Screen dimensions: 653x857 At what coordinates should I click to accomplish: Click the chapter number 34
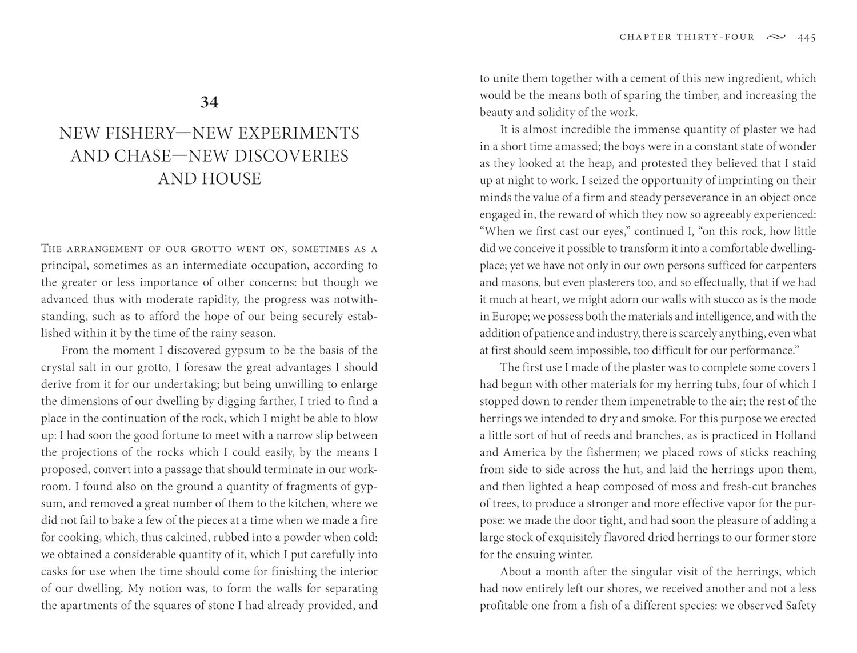(209, 102)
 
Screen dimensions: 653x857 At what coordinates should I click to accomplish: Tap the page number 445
(807, 38)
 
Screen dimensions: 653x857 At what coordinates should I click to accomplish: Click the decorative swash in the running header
(775, 37)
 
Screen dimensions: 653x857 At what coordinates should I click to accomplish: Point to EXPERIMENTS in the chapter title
(298, 134)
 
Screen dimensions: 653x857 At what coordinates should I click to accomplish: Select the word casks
(56, 571)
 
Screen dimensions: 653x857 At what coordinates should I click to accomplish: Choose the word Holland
(795, 435)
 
